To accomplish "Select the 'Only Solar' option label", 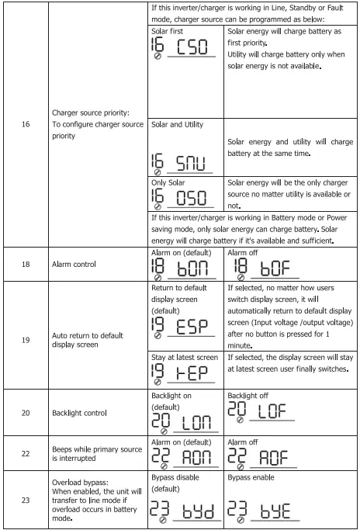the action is (168, 182).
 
